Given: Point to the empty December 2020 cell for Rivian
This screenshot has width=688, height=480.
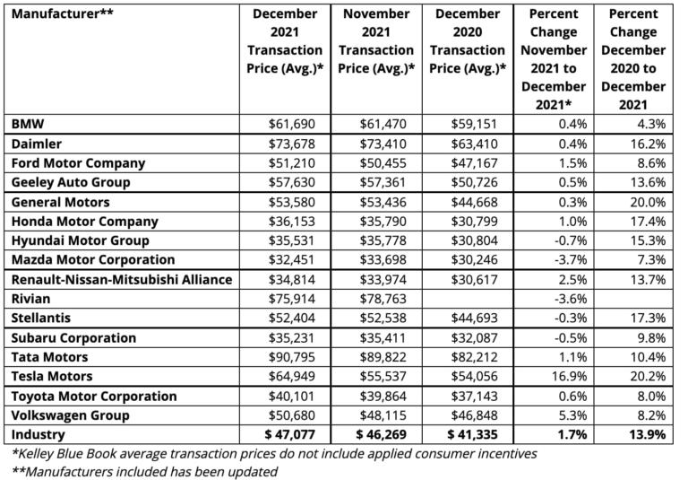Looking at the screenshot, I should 469,299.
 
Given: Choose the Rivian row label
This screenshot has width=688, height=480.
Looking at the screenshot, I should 30,299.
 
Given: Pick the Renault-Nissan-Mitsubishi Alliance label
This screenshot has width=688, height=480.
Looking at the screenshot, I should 121,280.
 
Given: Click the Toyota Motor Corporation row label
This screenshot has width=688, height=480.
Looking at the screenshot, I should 93,396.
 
